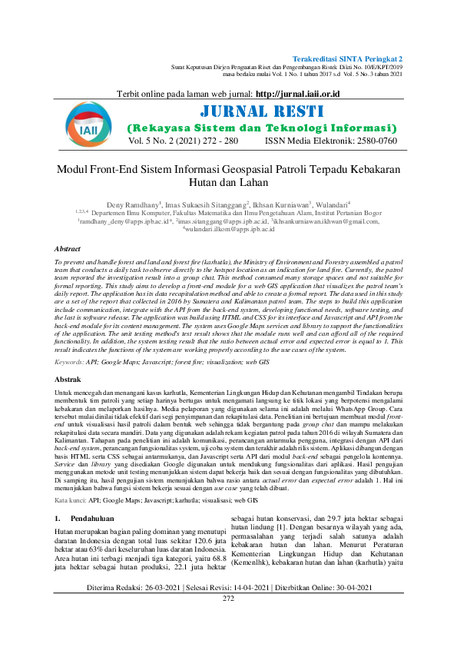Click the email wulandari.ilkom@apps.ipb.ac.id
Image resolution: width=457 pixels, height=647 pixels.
[x=230, y=229]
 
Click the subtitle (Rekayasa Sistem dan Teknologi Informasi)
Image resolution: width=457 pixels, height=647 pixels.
[x=262, y=127]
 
